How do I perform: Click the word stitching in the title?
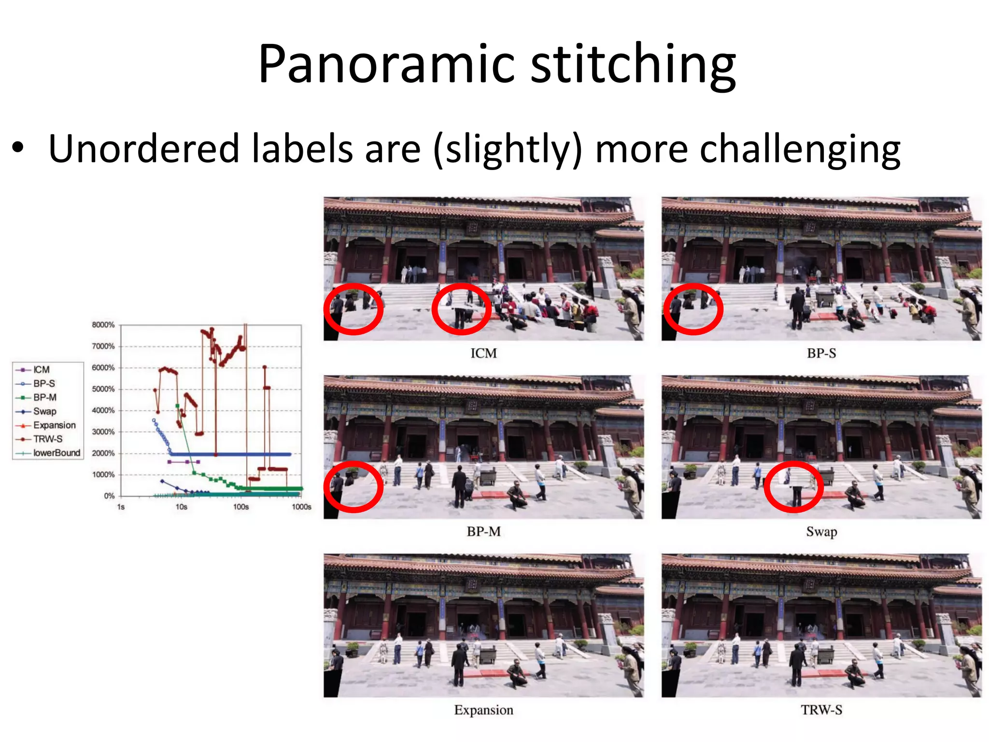[x=633, y=65]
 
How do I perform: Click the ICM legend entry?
[x=41, y=370]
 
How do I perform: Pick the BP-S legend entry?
[x=44, y=384]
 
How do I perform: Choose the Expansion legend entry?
[x=54, y=425]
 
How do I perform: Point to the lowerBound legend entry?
[x=57, y=453]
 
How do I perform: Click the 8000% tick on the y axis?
[x=103, y=325]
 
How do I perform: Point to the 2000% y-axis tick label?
[x=103, y=453]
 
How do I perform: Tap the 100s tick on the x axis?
[x=241, y=507]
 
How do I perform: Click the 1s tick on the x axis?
[x=121, y=507]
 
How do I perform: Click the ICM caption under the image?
[x=483, y=353]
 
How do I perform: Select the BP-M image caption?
[x=483, y=531]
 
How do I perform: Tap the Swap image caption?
[x=821, y=531]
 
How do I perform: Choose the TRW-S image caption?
[x=821, y=710]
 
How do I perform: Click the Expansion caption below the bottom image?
[x=483, y=710]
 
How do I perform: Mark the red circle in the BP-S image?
[x=693, y=309]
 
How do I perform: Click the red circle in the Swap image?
[x=793, y=486]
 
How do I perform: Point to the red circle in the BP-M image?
[x=353, y=486]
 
